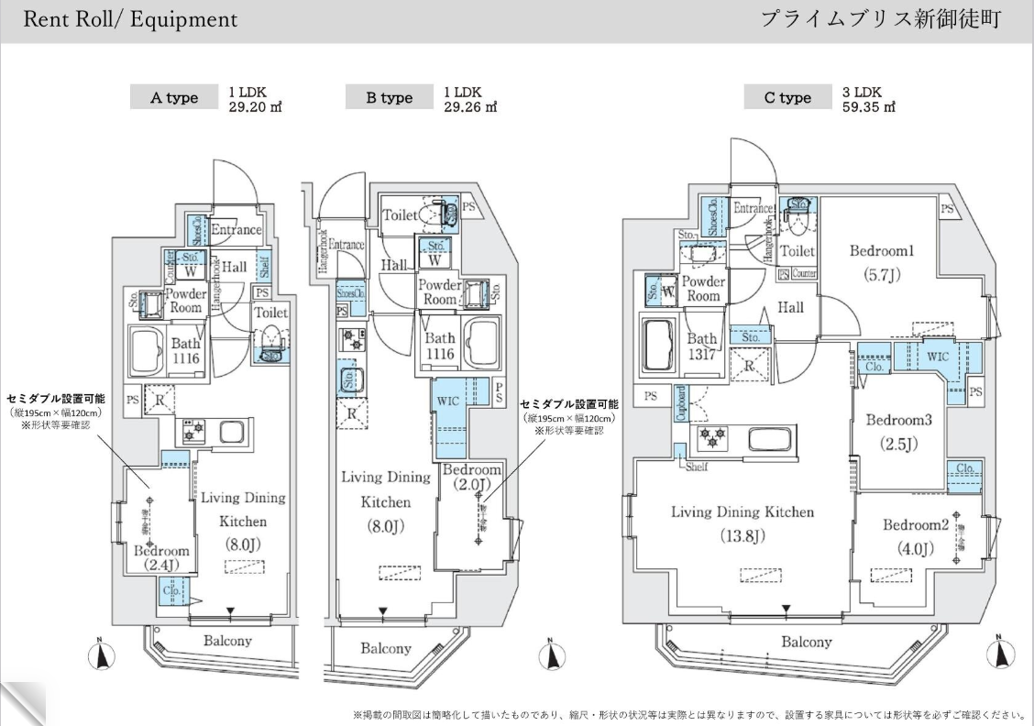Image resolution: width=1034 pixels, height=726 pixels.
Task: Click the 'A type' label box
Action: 174,98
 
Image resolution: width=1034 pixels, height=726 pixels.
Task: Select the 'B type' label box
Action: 390,98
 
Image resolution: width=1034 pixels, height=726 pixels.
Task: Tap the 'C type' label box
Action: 787,98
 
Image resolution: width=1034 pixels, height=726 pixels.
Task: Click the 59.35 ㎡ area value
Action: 868,105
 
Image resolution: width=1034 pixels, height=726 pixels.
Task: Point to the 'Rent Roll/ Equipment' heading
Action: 130,20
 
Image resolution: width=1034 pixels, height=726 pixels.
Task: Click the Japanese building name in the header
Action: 880,20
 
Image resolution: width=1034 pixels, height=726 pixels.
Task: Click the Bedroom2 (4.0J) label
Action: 915,536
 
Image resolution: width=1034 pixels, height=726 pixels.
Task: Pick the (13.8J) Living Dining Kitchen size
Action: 742,536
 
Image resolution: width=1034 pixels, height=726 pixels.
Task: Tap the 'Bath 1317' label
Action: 703,346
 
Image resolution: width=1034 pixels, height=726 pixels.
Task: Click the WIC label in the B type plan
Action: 447,400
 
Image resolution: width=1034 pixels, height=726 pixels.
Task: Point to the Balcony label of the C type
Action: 807,643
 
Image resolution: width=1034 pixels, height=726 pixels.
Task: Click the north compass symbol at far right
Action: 1000,654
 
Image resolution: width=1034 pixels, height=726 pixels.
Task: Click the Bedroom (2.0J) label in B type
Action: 472,477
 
